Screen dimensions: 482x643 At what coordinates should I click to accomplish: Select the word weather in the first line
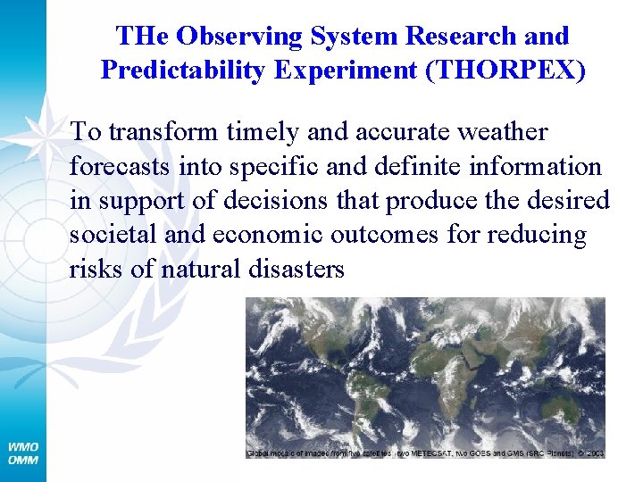click(x=502, y=131)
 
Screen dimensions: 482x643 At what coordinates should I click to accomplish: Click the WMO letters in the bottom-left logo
click(x=22, y=446)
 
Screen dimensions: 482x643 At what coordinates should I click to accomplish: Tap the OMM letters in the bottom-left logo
click(x=22, y=460)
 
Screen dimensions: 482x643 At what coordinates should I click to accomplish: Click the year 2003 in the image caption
click(x=595, y=453)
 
